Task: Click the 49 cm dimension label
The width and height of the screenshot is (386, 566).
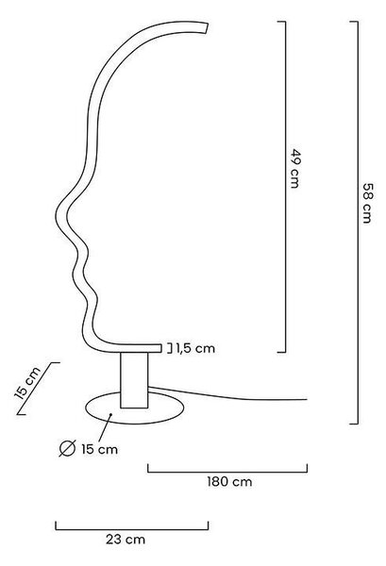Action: [x=295, y=168]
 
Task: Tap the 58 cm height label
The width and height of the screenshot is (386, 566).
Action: [x=367, y=203]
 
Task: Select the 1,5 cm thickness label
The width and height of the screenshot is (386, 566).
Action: [x=195, y=348]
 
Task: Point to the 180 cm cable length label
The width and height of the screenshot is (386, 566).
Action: [x=229, y=481]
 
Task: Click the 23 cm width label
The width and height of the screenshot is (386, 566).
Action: [x=126, y=540]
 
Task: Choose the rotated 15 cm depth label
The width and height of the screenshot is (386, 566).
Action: [x=27, y=383]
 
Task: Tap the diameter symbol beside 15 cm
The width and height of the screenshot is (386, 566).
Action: [x=67, y=449]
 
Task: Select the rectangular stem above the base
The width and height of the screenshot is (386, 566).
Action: [x=134, y=380]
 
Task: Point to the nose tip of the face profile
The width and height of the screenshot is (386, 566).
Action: [x=56, y=217]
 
